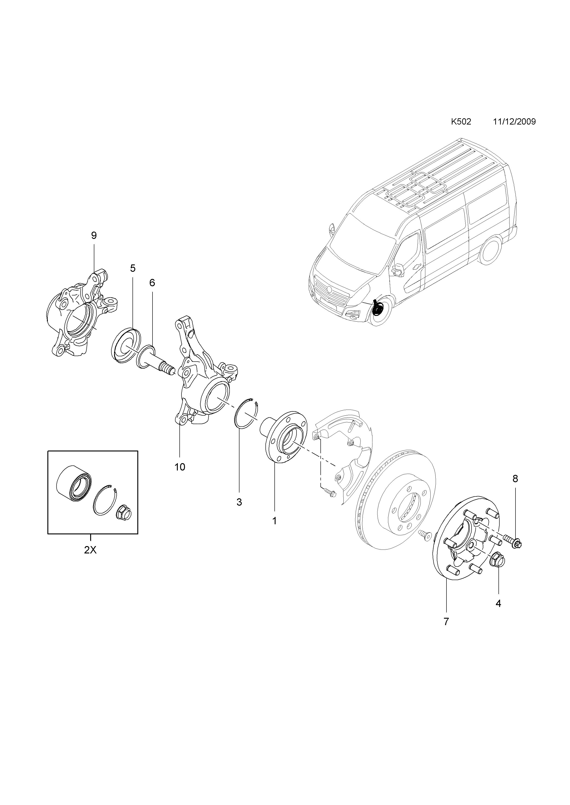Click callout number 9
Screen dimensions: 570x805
pyautogui.click(x=94, y=235)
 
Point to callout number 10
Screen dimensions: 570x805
pyautogui.click(x=180, y=467)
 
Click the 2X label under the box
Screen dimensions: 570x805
pyautogui.click(x=90, y=550)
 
